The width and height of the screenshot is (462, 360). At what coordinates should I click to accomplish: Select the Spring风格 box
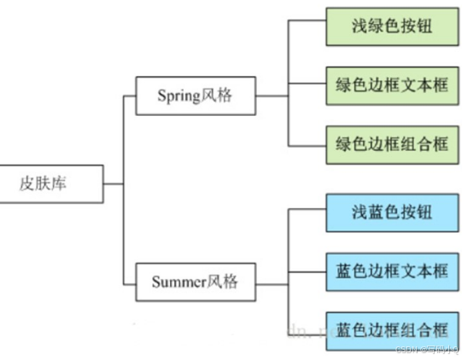[196, 96]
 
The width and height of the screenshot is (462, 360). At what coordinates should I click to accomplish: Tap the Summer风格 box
[196, 282]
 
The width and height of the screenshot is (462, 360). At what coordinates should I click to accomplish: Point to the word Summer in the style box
[178, 282]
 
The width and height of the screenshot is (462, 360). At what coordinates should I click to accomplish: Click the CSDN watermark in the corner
[427, 350]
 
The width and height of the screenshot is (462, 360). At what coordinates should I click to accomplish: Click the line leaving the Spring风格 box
[272, 96]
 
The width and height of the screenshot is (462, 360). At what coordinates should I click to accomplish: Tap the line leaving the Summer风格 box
[272, 282]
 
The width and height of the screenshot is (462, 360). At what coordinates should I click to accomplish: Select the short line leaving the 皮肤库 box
[113, 183]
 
